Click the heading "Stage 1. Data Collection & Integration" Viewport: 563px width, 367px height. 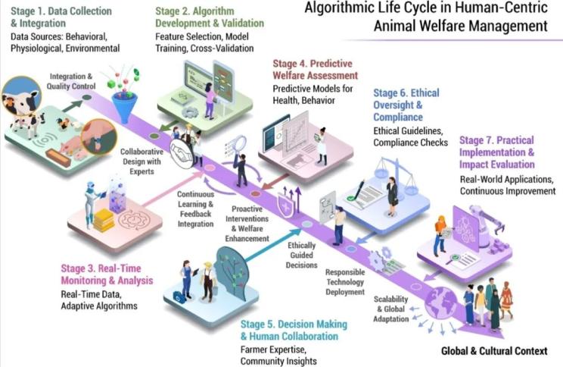61,17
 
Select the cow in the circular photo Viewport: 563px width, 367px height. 21,96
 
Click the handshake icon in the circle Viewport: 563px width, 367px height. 182,154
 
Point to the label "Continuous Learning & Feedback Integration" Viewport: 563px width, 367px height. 195,209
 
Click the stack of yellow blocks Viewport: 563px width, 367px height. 104,220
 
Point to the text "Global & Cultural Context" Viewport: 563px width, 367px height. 494,351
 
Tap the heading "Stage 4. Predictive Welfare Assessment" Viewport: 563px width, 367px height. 316,70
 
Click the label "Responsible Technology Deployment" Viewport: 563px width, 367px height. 345,282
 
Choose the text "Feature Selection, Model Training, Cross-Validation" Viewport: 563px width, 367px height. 204,42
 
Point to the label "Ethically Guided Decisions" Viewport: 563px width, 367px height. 302,255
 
